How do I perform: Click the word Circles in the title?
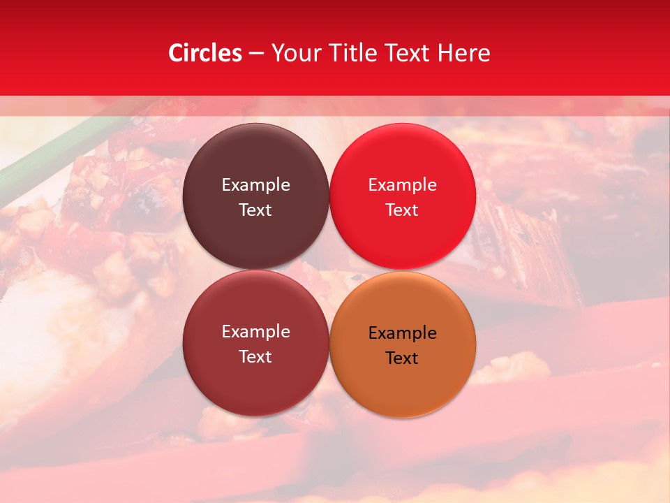205,53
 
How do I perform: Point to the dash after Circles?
256,54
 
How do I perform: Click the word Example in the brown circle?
255,184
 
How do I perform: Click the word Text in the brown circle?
255,210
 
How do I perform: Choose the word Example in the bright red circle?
402,184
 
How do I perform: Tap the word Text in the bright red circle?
402,210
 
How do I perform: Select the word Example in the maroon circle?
255,332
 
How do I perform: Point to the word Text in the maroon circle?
255,356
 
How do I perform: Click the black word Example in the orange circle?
402,333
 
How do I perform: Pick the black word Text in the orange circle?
402,358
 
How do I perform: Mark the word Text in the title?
408,53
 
